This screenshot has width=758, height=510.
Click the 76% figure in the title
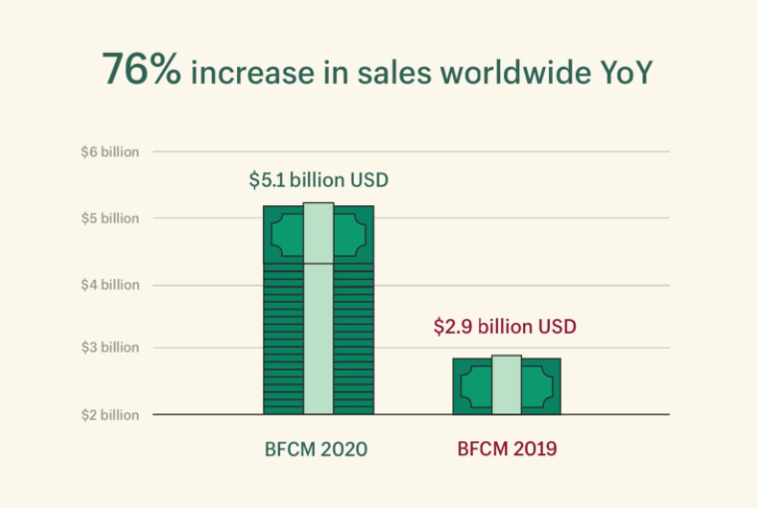click(140, 70)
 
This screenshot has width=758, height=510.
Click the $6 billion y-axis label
click(110, 152)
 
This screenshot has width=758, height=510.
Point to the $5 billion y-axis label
click(110, 218)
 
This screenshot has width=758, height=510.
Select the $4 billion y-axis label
click(110, 285)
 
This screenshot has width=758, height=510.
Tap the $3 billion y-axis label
click(110, 348)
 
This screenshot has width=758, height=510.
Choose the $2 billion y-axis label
click(110, 414)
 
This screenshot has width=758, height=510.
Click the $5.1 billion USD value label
click(318, 181)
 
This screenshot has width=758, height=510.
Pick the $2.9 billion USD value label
click(505, 326)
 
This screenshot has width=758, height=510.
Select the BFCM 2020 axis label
click(318, 449)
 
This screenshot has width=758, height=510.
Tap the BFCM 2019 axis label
click(506, 449)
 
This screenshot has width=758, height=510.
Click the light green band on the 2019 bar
click(506, 384)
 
